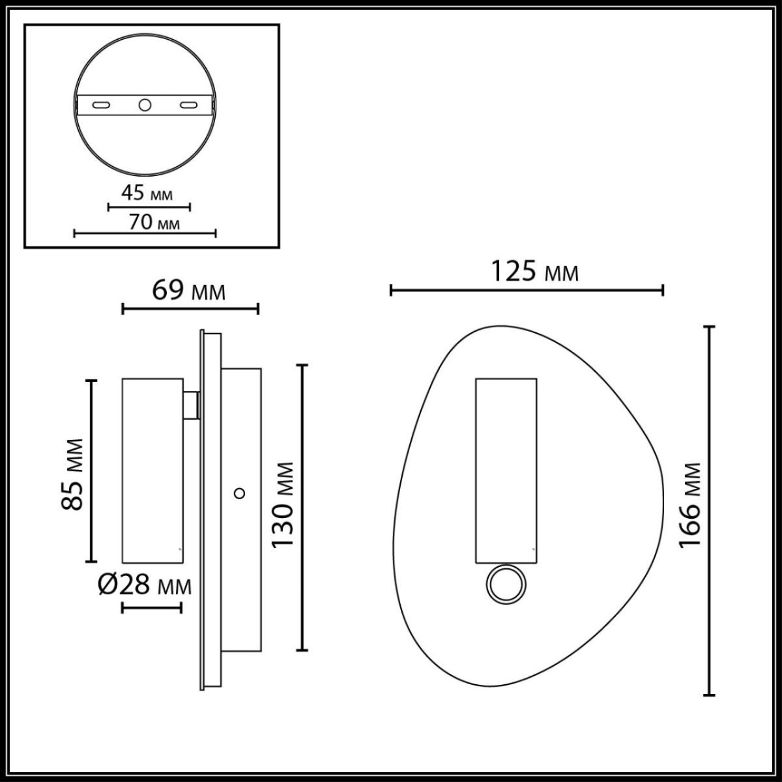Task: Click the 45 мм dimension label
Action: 147,194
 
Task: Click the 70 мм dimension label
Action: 154,222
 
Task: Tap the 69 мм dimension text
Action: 189,291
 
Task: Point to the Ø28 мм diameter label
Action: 145,586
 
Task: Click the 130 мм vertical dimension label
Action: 284,506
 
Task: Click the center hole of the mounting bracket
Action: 145,104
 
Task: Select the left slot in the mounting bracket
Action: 101,105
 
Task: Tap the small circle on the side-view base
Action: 240,493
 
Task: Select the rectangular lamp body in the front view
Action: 506,469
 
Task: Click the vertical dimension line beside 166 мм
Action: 710,510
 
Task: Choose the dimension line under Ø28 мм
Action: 152,607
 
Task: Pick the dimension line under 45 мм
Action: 149,208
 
